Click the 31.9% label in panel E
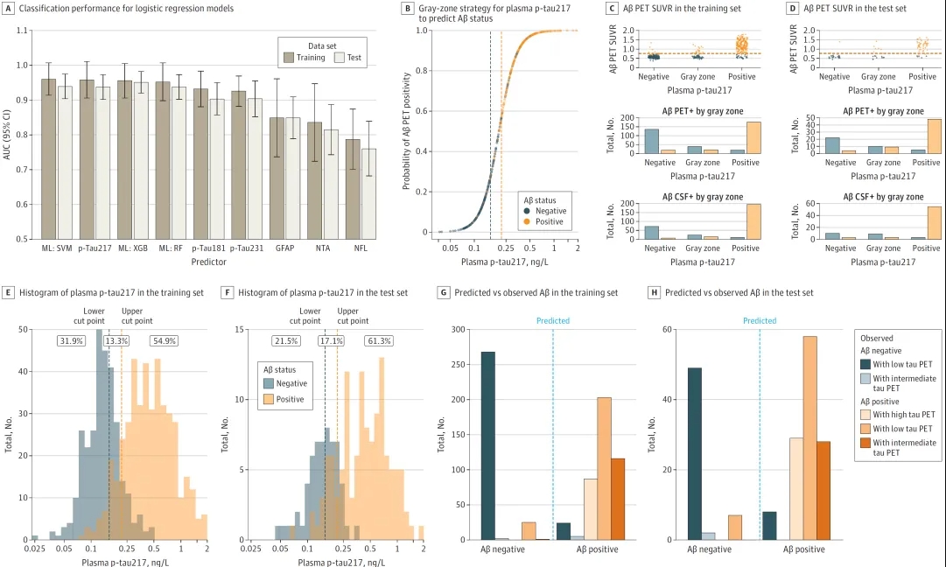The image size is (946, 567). [72, 340]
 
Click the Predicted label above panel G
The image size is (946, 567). [553, 321]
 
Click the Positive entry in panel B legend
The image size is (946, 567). [551, 222]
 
